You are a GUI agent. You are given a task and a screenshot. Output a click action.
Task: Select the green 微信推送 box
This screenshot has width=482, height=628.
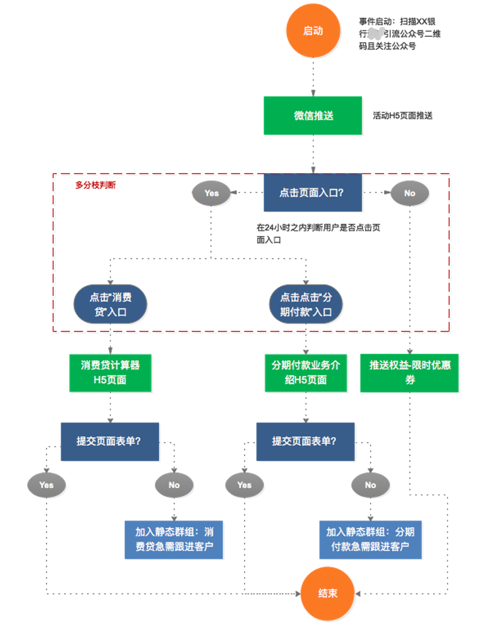tap(313, 115)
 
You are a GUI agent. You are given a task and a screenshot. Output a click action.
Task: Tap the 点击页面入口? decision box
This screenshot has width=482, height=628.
tap(313, 192)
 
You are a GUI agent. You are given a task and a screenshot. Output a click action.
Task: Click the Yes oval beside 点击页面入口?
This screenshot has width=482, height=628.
tap(211, 193)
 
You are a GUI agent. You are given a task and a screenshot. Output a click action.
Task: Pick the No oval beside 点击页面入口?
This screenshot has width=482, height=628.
tap(409, 193)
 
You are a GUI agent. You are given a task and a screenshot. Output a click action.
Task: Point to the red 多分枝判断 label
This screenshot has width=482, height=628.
tap(95, 185)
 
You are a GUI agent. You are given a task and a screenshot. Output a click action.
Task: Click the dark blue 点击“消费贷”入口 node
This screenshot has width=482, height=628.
tap(110, 304)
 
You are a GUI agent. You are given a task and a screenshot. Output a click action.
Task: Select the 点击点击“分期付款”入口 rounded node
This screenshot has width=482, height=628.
tap(306, 304)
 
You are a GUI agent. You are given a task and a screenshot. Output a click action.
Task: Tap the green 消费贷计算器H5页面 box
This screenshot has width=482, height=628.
tap(110, 372)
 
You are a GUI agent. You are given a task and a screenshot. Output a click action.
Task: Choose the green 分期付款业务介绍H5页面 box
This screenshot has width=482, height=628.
tap(306, 372)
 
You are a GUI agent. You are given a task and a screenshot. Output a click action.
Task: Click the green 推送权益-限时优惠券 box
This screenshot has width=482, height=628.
tap(409, 372)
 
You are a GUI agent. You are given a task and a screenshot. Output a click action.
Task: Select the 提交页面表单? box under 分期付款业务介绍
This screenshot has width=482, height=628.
tap(305, 441)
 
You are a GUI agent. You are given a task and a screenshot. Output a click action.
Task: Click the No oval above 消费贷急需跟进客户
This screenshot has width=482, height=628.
tap(174, 485)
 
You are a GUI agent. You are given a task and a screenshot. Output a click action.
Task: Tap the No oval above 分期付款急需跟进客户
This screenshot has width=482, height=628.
tap(370, 485)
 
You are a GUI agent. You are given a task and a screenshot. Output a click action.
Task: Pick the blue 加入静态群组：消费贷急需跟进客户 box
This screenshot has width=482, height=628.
tap(174, 539)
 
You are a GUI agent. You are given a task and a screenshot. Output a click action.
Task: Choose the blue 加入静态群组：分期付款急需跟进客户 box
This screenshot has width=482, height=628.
tap(370, 539)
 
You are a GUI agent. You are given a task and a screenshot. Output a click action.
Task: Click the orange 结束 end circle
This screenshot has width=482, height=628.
tap(327, 593)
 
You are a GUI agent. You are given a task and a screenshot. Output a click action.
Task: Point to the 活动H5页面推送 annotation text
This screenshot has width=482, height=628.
tap(402, 115)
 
